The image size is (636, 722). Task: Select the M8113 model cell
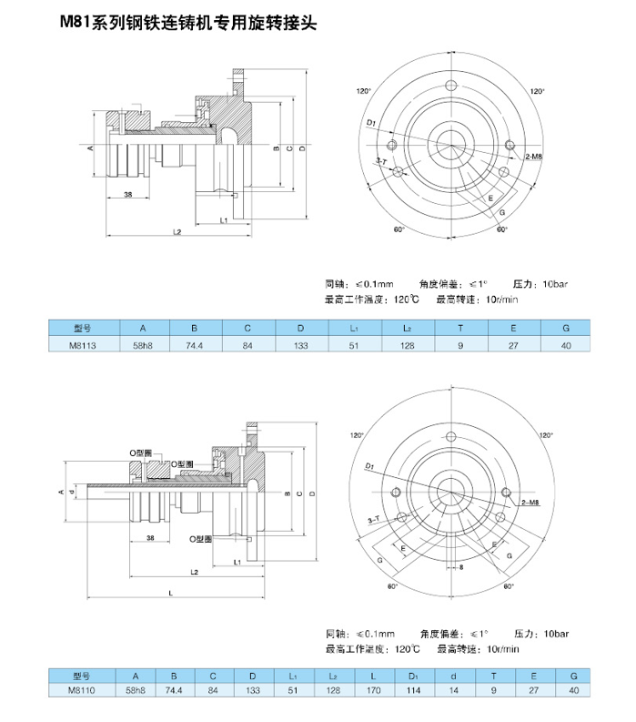pyautogui.click(x=82, y=346)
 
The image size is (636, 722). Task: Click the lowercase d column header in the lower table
pyautogui.click(x=453, y=676)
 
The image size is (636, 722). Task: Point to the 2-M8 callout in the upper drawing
pyautogui.click(x=534, y=158)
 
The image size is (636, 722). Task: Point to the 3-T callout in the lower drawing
pyautogui.click(x=373, y=519)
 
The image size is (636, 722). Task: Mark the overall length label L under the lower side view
pyautogui.click(x=171, y=593)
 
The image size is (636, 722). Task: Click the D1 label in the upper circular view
pyautogui.click(x=371, y=122)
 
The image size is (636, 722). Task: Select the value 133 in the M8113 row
pyautogui.click(x=301, y=346)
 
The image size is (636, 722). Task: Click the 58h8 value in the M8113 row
pyautogui.click(x=142, y=346)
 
